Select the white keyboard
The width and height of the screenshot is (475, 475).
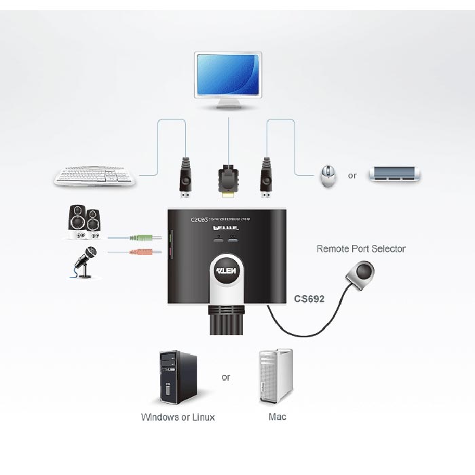tap(96, 176)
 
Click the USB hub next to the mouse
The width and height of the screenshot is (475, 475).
tap(394, 175)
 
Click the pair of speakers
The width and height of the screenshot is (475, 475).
tap(85, 223)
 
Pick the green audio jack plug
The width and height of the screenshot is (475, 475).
tap(151, 237)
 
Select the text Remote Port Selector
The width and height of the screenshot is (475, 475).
tap(360, 249)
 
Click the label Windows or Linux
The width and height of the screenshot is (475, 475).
tap(178, 417)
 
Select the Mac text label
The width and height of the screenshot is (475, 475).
tap(277, 417)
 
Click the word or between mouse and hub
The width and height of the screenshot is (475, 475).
tap(352, 176)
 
